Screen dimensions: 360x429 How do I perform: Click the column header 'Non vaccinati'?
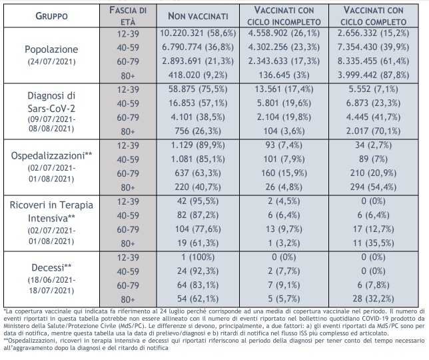click(x=197, y=16)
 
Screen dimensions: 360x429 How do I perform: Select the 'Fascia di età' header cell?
click(x=128, y=16)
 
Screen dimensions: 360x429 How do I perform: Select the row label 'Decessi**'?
click(x=51, y=269)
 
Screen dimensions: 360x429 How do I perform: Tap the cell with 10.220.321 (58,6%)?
click(x=199, y=32)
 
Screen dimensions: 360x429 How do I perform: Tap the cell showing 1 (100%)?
click(x=199, y=257)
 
